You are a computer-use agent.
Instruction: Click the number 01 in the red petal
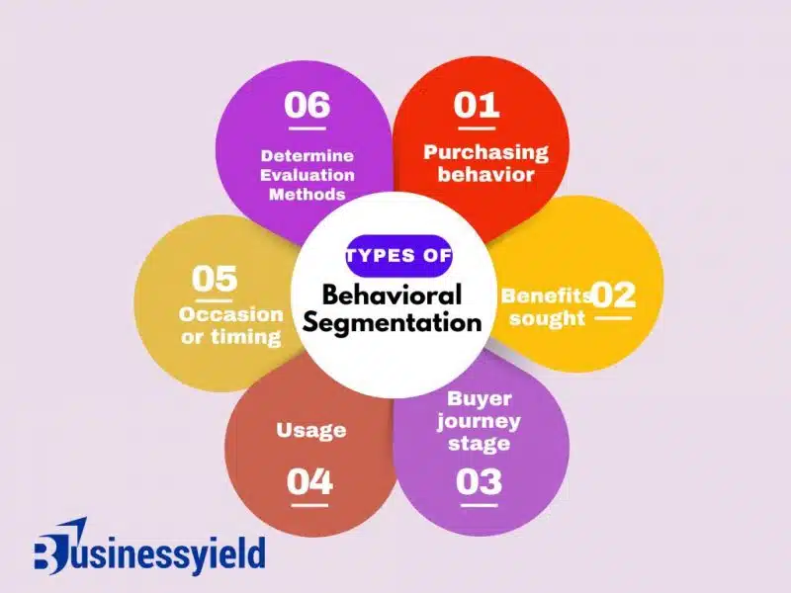pos(477,105)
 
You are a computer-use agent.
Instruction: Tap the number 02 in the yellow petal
pos(613,295)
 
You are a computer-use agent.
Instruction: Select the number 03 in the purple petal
pos(480,481)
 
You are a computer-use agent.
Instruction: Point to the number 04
pos(310,481)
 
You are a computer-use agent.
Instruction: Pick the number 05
pos(215,279)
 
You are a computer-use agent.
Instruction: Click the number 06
pos(308,105)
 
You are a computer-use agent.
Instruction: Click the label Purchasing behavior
pos(485,163)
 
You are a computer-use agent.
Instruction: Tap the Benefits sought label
pos(546,306)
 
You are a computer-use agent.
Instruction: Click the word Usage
pos(310,430)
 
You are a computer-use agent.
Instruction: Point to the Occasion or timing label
pos(230,325)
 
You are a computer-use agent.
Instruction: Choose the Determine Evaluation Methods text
pos(308,174)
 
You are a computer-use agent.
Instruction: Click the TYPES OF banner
pos(398,256)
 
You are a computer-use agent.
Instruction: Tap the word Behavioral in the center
pos(393,295)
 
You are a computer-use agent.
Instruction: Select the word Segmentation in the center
pos(393,322)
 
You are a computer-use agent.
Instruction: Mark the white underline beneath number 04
pos(310,504)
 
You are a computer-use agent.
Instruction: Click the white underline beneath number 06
pos(308,127)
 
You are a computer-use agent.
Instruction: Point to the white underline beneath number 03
pos(480,504)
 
